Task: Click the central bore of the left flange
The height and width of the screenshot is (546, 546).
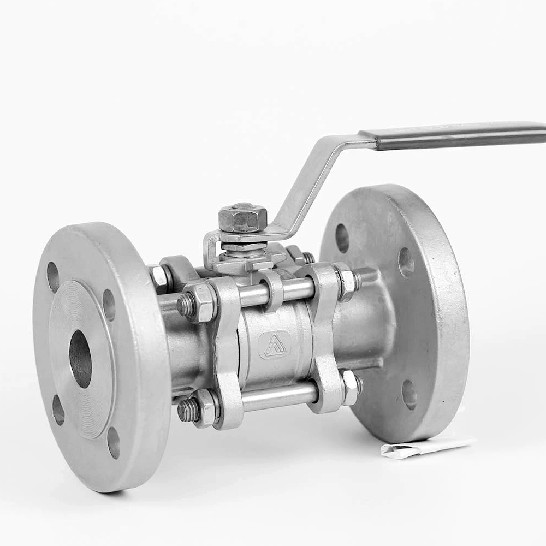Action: coord(80,359)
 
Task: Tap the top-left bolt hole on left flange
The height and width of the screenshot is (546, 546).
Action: coord(53,277)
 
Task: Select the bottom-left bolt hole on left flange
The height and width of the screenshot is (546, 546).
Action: coord(58,410)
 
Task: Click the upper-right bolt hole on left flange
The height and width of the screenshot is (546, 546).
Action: coord(109,305)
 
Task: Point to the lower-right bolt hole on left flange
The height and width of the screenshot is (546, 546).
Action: coord(114,442)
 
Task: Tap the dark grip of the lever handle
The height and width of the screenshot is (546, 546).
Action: coord(459,136)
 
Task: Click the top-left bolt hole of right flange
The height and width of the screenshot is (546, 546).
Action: coord(342,238)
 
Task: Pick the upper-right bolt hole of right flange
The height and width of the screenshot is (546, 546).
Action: coord(406,262)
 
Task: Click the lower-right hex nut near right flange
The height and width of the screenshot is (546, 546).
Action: coord(350,387)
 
